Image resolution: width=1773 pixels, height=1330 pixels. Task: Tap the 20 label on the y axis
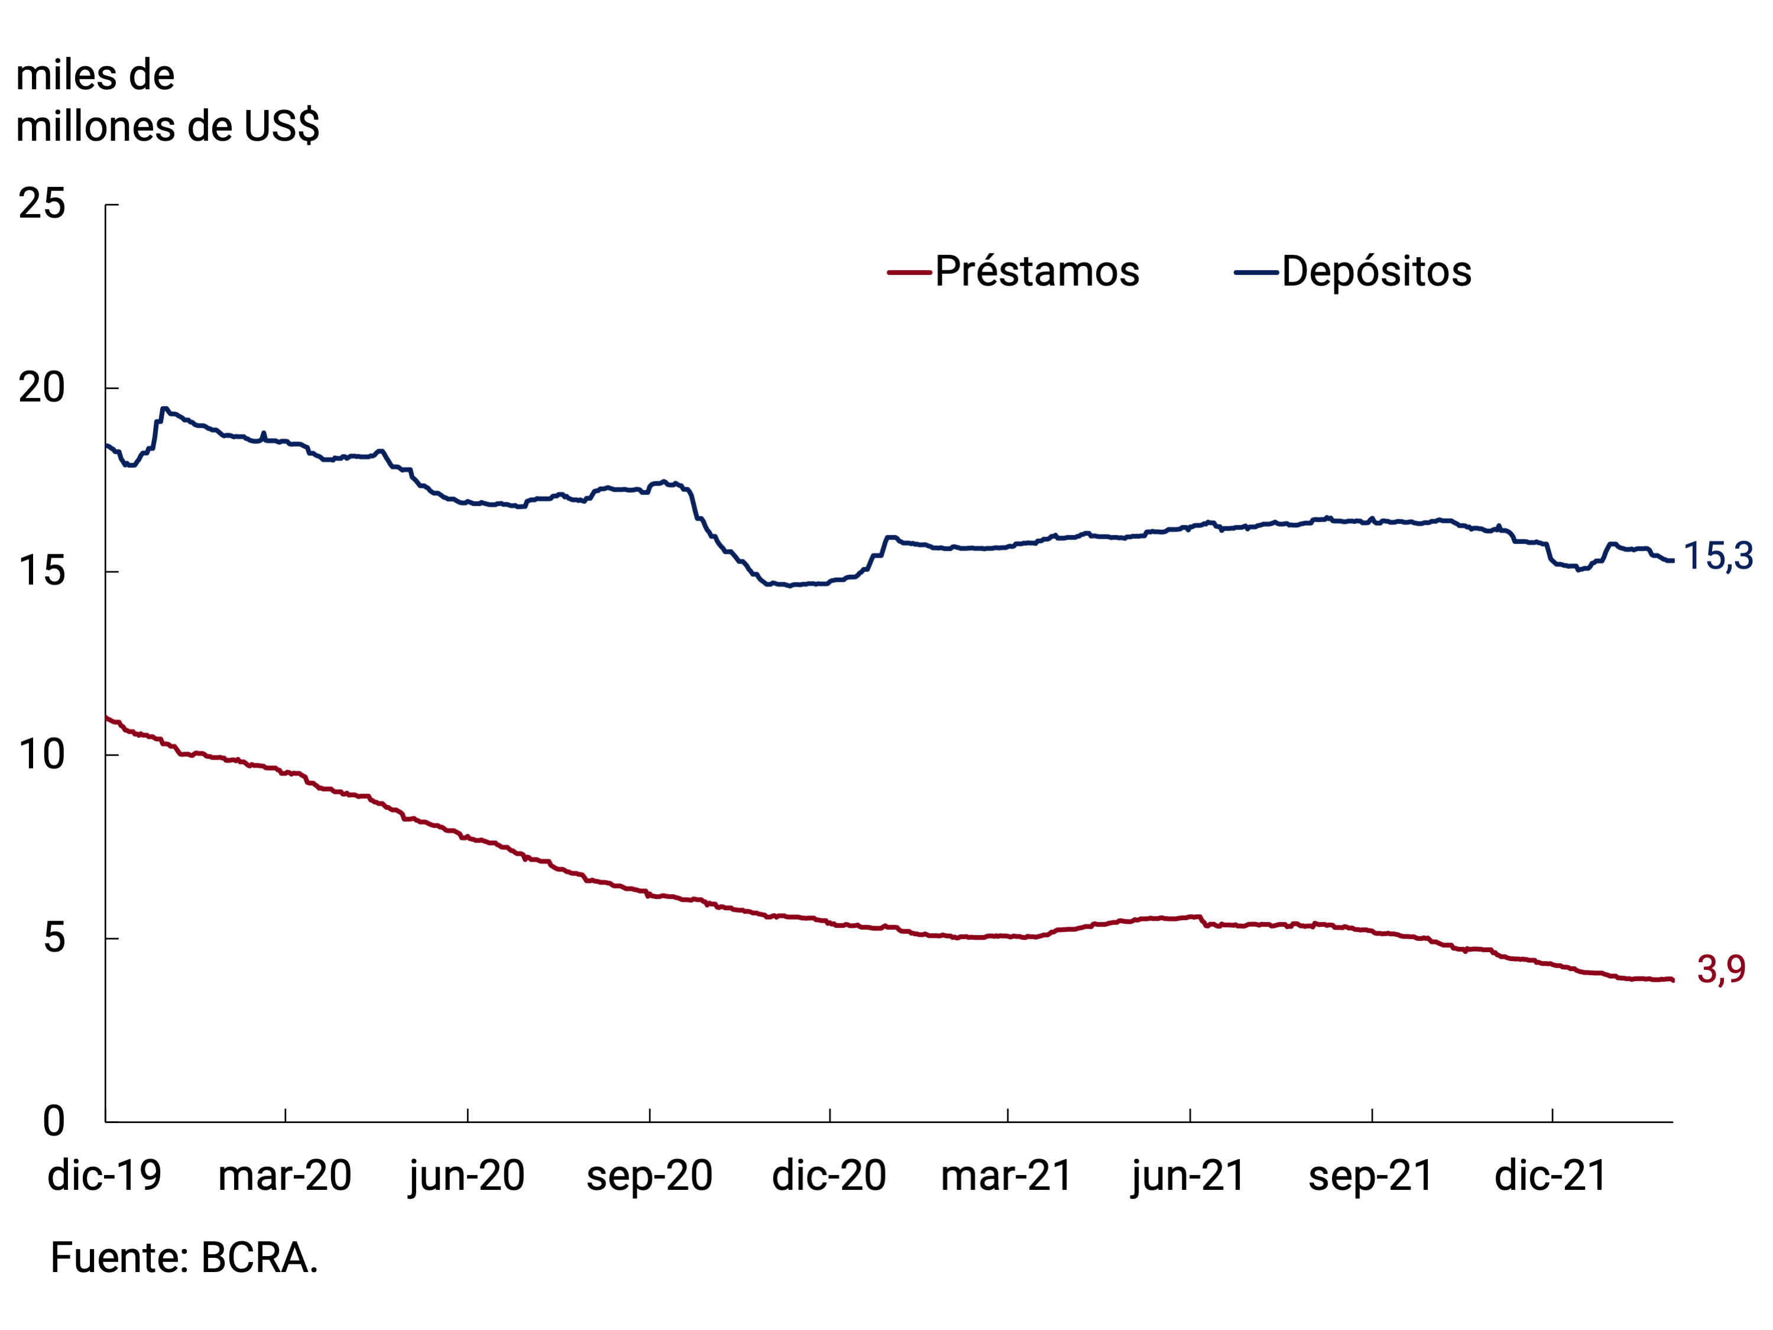42,388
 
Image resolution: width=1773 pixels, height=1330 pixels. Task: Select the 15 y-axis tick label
42,572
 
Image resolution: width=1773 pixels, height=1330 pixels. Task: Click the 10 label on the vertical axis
42,755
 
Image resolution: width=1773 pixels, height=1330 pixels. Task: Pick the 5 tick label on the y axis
54,938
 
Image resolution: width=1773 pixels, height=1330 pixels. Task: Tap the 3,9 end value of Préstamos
1721,970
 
